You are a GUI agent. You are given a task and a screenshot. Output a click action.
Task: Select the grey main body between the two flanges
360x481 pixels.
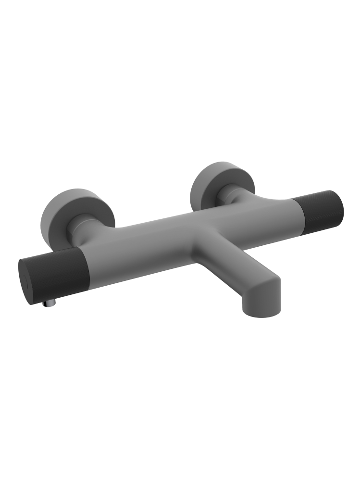(x=159, y=231)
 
